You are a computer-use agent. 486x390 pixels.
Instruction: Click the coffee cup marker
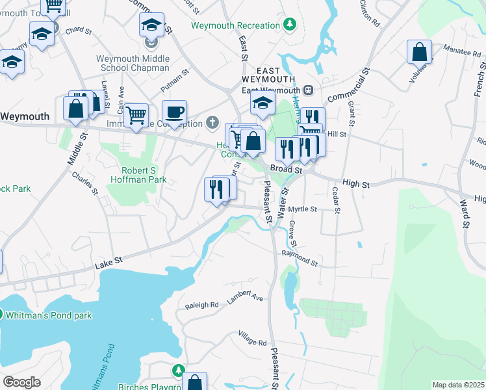[174, 112]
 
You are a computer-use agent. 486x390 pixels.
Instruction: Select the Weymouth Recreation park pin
[290, 25]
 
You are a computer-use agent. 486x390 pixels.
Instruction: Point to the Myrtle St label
[303, 209]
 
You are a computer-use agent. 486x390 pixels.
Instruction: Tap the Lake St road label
[109, 262]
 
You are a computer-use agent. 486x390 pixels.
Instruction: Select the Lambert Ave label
[245, 297]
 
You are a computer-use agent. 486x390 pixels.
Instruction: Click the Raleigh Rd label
[201, 305]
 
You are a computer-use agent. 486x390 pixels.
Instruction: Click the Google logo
[21, 382]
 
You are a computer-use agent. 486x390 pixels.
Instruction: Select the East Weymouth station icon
[309, 90]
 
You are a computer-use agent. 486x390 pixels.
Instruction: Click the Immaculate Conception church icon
[212, 122]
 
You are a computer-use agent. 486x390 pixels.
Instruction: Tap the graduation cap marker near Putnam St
[262, 102]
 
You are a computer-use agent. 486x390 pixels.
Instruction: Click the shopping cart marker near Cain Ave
[136, 116]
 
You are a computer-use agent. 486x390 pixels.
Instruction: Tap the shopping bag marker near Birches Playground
[194, 383]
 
